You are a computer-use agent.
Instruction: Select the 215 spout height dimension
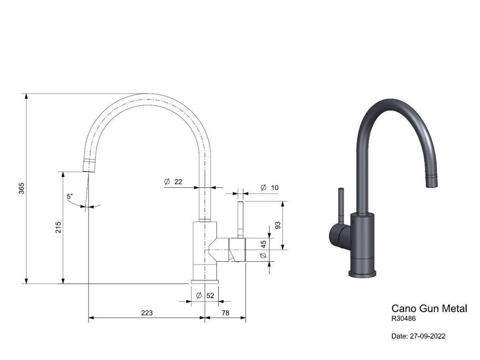pyautogui.click(x=58, y=228)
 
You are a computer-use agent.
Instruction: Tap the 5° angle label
pyautogui.click(x=70, y=196)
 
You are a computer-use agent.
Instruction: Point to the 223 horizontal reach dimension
pyautogui.click(x=147, y=313)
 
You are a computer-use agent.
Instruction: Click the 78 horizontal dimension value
pyautogui.click(x=225, y=313)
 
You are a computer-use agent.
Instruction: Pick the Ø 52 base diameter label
pyautogui.click(x=205, y=296)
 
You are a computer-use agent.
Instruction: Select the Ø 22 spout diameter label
pyautogui.click(x=173, y=182)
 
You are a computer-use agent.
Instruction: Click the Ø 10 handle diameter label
pyautogui.click(x=270, y=187)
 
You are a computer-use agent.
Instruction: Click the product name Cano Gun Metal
pyautogui.click(x=429, y=308)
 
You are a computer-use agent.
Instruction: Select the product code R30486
pyautogui.click(x=404, y=318)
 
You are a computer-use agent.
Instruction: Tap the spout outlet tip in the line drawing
pyautogui.click(x=90, y=166)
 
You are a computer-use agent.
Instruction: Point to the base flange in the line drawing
pyautogui.click(x=205, y=282)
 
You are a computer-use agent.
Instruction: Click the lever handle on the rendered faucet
pyautogui.click(x=340, y=207)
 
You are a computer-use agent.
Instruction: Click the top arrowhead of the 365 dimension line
pyautogui.click(x=27, y=96)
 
